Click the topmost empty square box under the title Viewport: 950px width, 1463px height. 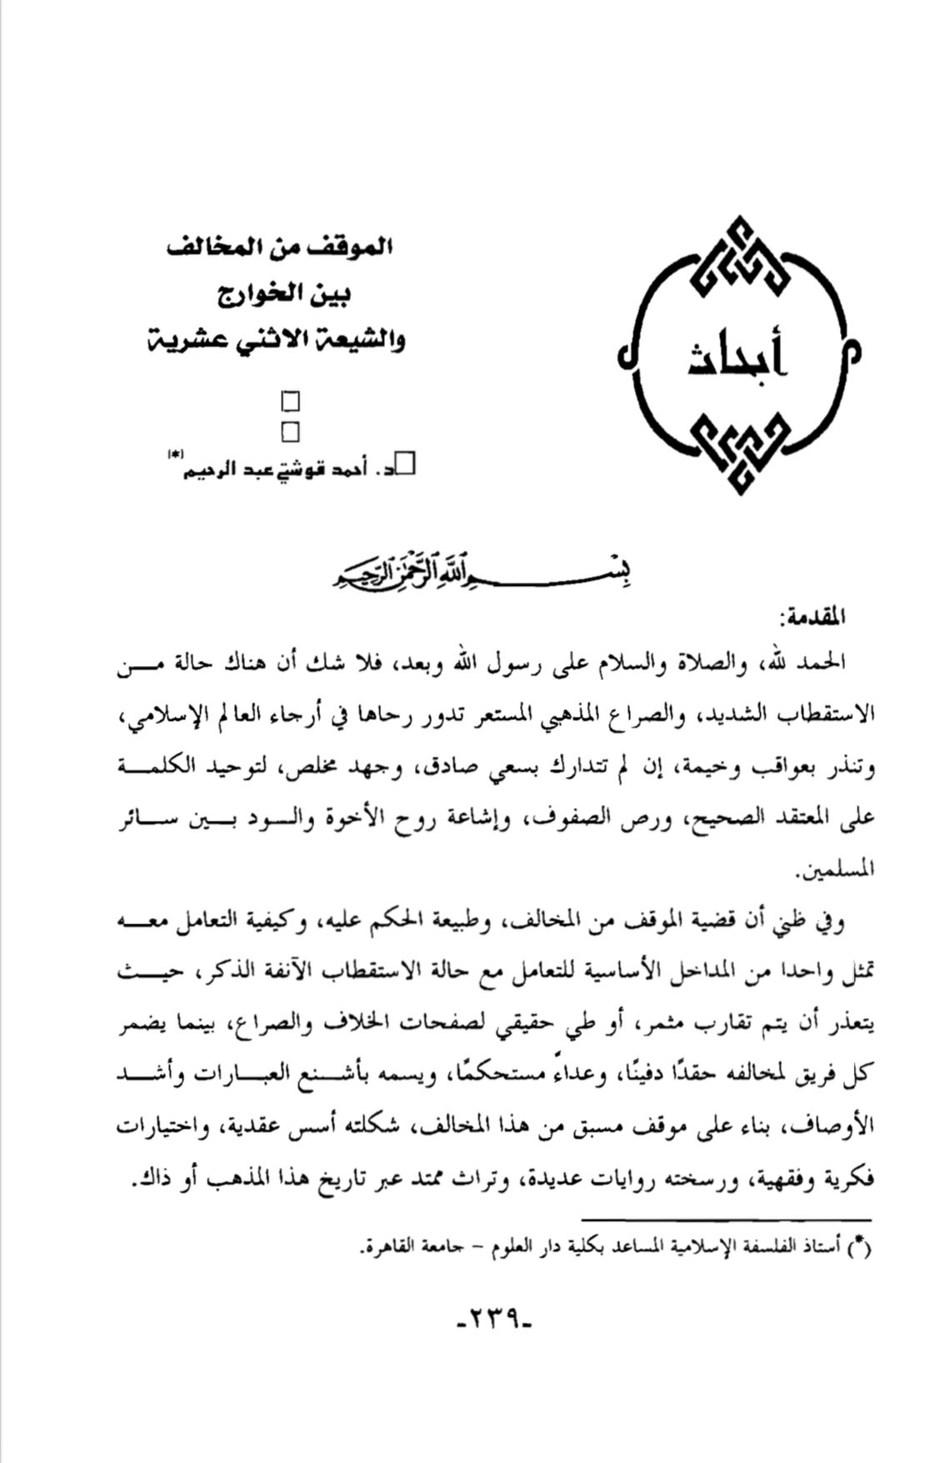(291, 403)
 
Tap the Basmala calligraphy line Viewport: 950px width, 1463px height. (479, 574)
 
